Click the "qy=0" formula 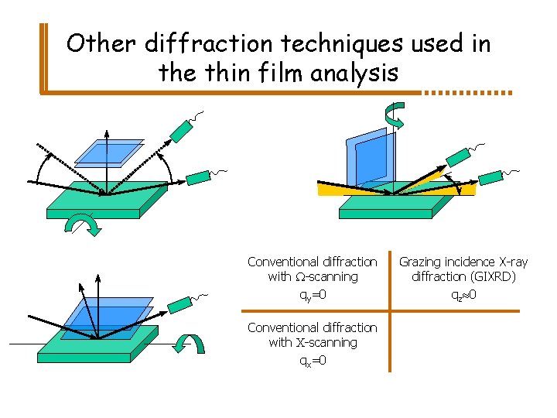[x=312, y=295]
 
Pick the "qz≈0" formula [x=463, y=295]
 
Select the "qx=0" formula [x=312, y=361]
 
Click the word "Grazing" [x=422, y=262]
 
